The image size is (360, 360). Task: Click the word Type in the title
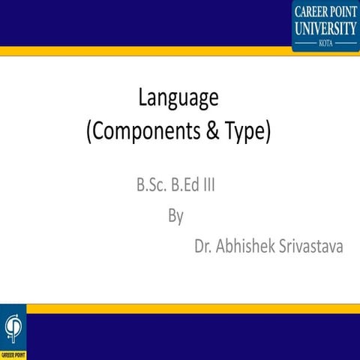click(241, 132)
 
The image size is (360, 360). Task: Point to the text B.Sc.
click(150, 184)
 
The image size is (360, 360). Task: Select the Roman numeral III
click(209, 184)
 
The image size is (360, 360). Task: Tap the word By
click(176, 216)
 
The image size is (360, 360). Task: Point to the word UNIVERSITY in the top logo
click(325, 28)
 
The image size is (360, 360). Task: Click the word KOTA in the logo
click(325, 43)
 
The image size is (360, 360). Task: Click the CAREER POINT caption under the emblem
click(13, 353)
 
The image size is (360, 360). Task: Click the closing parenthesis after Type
click(266, 132)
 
